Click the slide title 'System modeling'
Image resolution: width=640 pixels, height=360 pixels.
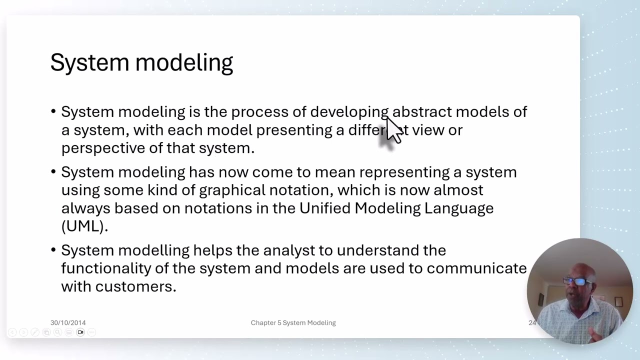click(x=141, y=63)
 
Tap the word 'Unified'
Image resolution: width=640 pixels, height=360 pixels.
click(x=325, y=208)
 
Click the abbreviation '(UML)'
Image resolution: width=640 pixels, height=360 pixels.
click(x=84, y=226)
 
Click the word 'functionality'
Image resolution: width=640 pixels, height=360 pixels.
click(x=106, y=268)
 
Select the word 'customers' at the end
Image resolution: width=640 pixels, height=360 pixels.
click(x=134, y=286)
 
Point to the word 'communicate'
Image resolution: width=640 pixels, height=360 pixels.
click(x=476, y=268)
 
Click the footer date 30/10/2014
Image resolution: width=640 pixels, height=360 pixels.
click(x=68, y=323)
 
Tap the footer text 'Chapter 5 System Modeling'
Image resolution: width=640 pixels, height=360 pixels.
click(x=293, y=323)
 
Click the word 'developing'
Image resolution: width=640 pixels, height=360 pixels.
click(x=349, y=112)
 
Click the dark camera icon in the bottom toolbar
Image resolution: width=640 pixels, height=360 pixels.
click(x=80, y=332)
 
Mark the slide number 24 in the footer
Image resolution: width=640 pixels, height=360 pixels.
click(x=532, y=323)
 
